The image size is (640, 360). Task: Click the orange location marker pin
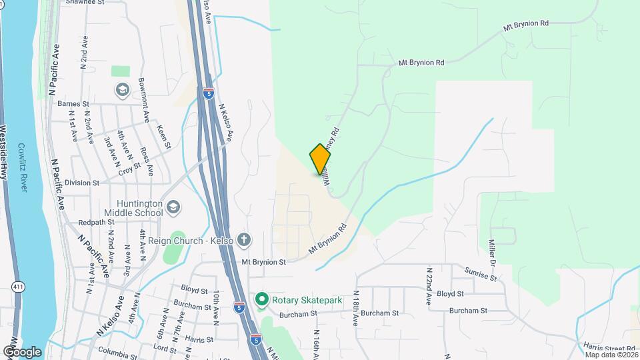point(320,159)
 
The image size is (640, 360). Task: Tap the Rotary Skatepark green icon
point(262,300)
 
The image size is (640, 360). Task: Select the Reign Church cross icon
point(245,239)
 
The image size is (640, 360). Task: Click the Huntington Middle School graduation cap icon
point(173,207)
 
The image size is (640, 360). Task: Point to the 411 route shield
point(17,286)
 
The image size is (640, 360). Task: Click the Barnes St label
point(73,104)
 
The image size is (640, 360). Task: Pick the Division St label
point(82,182)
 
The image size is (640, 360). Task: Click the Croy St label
point(125,167)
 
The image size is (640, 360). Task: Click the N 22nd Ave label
point(429,287)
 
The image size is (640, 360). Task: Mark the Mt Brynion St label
point(263,262)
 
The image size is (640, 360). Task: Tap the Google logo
point(22,352)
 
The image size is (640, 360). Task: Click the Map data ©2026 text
point(611,355)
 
